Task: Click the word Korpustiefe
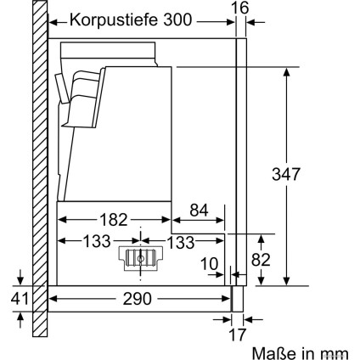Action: pos(114,20)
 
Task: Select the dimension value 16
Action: pos(241,8)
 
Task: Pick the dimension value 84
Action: pos(198,209)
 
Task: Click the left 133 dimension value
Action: pos(95,241)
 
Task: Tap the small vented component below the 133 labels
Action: pos(138,259)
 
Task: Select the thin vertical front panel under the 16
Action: pos(242,161)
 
